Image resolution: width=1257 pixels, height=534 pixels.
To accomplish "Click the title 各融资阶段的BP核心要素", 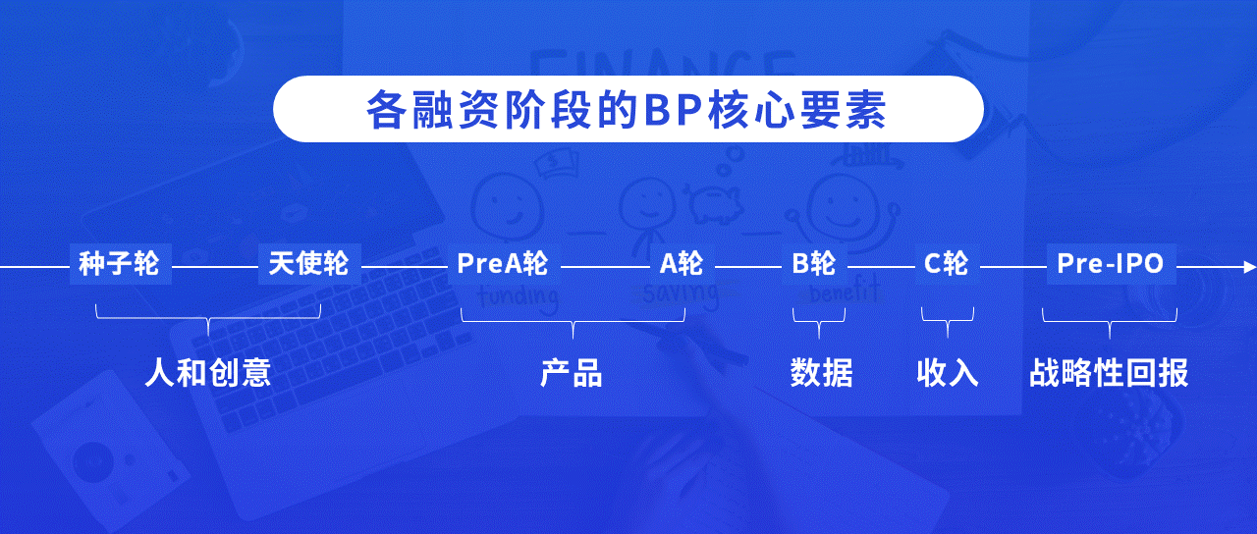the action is [x=627, y=109].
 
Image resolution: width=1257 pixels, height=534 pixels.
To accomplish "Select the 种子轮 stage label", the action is [x=119, y=264].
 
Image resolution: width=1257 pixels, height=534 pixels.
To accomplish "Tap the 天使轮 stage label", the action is [x=308, y=264].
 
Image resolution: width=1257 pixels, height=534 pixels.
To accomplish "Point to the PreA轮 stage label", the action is [x=502, y=264].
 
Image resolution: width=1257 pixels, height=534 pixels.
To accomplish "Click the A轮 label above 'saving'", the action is [x=682, y=264].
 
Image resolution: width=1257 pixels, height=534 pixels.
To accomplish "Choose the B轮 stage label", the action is [x=814, y=264].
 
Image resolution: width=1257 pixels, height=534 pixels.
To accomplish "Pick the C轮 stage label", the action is [x=946, y=264].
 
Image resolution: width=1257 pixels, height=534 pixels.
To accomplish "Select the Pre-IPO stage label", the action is [x=1110, y=264].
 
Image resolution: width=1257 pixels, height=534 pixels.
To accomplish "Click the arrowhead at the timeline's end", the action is [x=1249, y=267].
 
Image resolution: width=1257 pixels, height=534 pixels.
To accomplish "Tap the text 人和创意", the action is [x=208, y=373].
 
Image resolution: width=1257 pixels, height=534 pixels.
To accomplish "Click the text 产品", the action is [x=572, y=373].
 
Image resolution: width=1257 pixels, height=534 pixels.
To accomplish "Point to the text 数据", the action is [x=822, y=373].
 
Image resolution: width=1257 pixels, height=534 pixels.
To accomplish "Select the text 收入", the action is [x=948, y=373].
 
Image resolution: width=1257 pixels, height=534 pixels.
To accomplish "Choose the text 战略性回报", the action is [x=1109, y=373].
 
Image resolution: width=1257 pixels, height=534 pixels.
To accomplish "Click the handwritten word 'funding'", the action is [x=518, y=297].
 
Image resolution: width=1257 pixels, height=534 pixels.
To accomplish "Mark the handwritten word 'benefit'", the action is [x=844, y=292].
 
